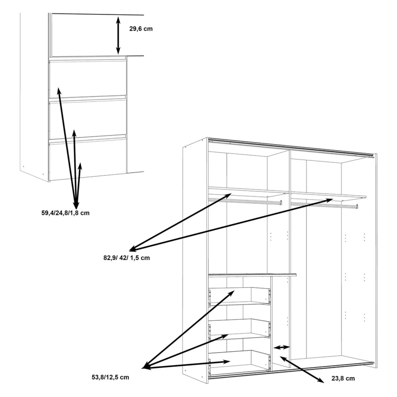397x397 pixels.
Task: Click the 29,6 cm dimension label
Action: (141, 29)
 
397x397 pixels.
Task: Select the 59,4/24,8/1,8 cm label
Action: (66, 213)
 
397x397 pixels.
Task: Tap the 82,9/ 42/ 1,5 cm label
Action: (126, 258)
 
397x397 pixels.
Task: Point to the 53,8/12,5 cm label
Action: (110, 377)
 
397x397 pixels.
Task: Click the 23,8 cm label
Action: (343, 378)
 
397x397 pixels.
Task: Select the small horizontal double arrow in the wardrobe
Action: (282, 347)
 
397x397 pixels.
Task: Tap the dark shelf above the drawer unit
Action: (252, 274)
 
